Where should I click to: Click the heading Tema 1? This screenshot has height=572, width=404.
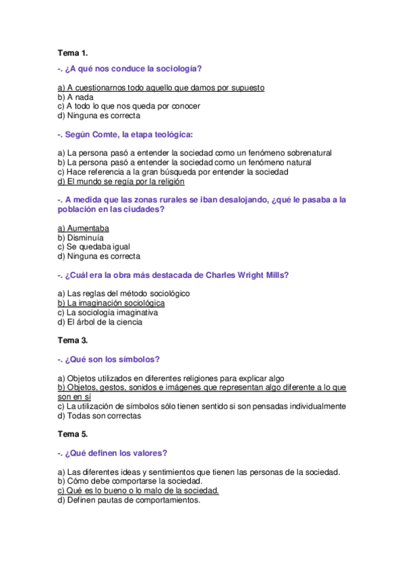pyautogui.click(x=73, y=52)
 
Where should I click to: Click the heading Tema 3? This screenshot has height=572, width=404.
pyautogui.click(x=73, y=341)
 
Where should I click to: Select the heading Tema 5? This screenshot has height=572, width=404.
pyautogui.click(x=73, y=434)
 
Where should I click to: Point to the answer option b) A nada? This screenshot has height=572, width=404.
pyautogui.click(x=75, y=97)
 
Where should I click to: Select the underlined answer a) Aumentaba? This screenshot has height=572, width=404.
pyautogui.click(x=84, y=228)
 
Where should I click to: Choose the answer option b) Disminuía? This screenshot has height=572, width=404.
pyautogui.click(x=81, y=237)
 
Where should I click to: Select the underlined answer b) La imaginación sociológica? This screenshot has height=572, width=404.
pyautogui.click(x=111, y=303)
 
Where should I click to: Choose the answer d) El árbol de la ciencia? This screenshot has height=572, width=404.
pyautogui.click(x=100, y=322)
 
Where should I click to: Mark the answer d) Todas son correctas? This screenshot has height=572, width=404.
pyautogui.click(x=100, y=416)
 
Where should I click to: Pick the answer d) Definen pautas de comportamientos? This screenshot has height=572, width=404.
pyautogui.click(x=129, y=500)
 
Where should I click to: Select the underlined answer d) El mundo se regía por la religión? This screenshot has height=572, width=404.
pyautogui.click(x=121, y=181)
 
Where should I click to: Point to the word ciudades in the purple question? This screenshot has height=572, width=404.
pyautogui.click(x=140, y=209)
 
